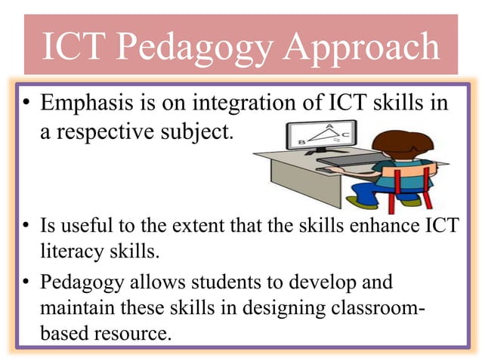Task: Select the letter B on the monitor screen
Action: [303, 141]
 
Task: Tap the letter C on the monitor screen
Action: [345, 135]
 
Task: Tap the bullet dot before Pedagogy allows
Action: [25, 283]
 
